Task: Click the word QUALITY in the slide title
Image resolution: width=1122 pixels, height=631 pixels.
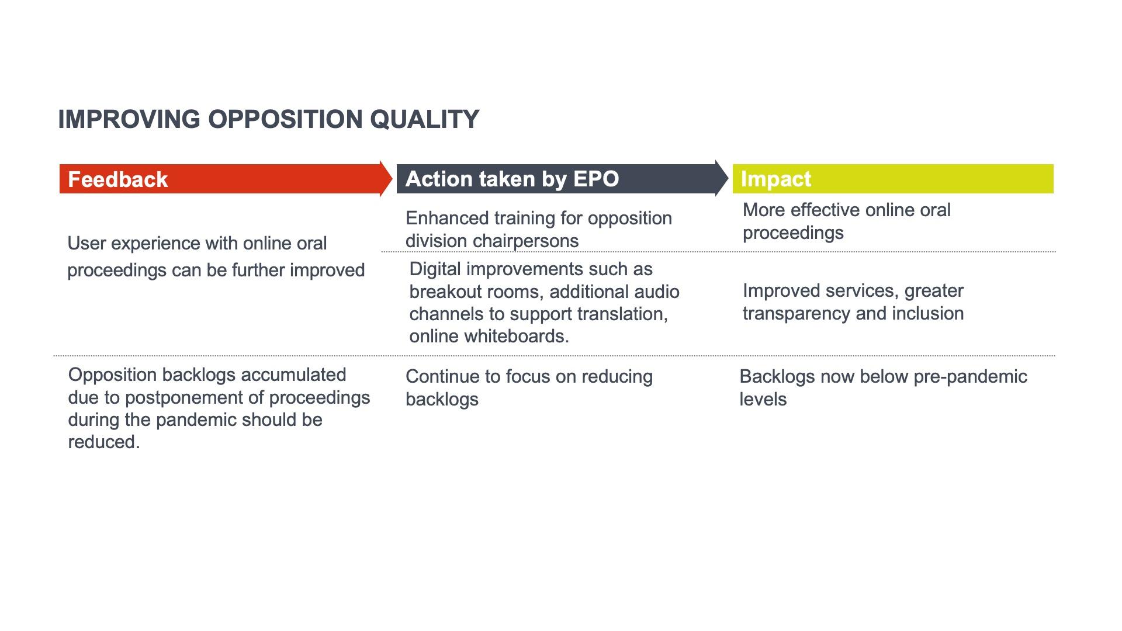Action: (424, 120)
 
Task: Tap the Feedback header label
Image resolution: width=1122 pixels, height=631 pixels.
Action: (118, 179)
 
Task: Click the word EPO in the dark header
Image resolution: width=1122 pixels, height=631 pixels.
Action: (595, 179)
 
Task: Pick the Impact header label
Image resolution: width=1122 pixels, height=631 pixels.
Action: (776, 179)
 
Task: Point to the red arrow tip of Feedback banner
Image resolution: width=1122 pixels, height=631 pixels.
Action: (392, 179)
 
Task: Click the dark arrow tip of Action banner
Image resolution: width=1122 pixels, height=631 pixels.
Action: (728, 178)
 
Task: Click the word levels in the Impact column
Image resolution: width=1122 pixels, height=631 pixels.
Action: (763, 399)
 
